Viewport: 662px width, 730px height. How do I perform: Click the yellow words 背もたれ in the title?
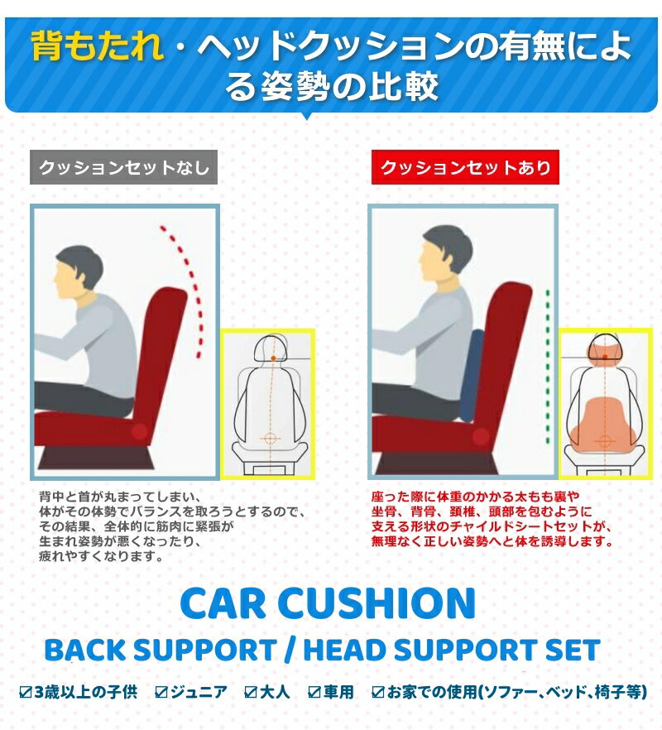tap(98, 46)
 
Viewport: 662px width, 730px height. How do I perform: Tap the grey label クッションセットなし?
tap(123, 167)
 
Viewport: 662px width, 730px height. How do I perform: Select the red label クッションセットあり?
tap(465, 167)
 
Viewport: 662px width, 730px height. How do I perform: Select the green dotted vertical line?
tap(548, 367)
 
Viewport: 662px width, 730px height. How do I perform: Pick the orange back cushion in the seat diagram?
tap(605, 423)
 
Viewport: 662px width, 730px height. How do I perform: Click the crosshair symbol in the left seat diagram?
tap(270, 438)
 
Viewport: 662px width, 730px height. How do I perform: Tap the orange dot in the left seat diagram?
tap(273, 358)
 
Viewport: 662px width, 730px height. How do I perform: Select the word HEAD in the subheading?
tap(343, 650)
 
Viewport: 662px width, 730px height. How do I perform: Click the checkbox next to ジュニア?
tap(161, 692)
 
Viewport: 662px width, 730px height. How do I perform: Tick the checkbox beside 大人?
tap(251, 692)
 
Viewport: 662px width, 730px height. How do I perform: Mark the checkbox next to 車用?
tap(314, 692)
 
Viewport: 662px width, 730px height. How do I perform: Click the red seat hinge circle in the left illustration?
tap(139, 432)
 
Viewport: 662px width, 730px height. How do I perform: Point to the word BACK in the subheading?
tap(85, 650)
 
